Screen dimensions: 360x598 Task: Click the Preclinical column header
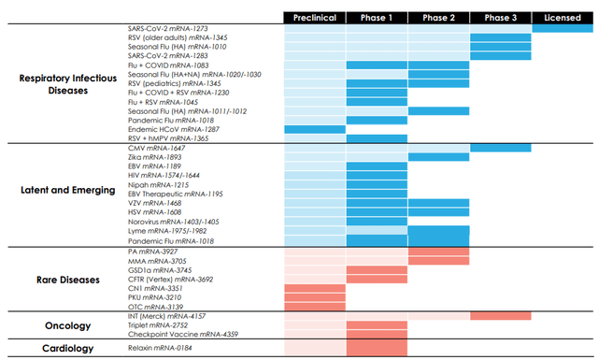pyautogui.click(x=314, y=18)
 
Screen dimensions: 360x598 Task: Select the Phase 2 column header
pyautogui.click(x=438, y=18)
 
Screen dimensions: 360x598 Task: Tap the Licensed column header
pyautogui.click(x=562, y=18)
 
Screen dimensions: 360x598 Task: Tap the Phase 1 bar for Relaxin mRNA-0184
pyautogui.click(x=377, y=348)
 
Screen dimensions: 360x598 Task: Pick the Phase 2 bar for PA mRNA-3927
pyautogui.click(x=438, y=252)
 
